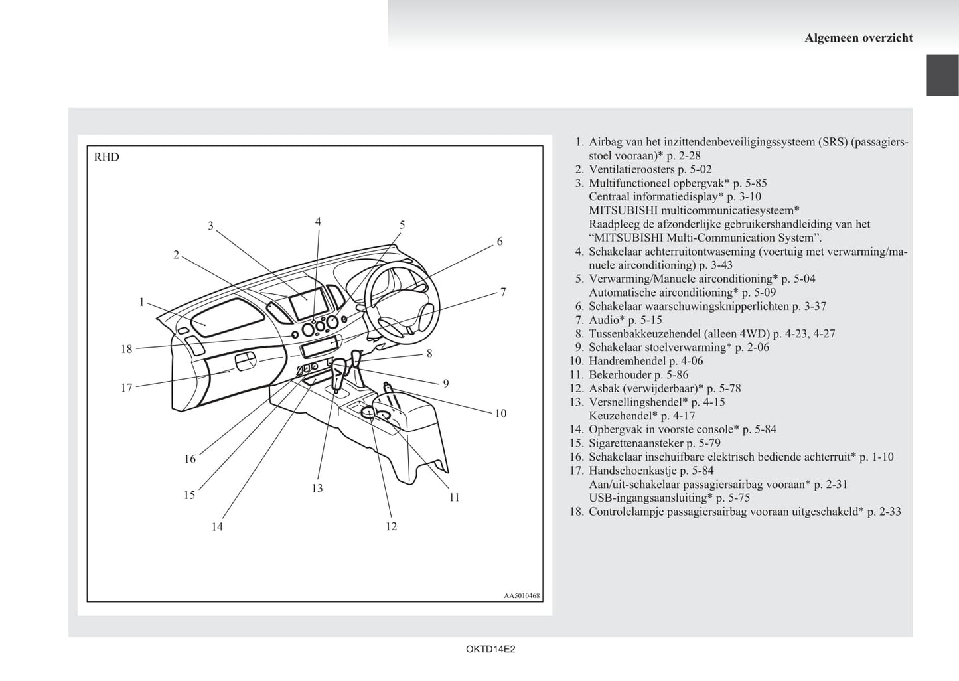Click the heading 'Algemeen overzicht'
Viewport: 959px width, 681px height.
click(858, 38)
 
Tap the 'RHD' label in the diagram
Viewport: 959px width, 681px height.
click(107, 157)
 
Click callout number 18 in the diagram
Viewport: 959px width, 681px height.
click(126, 349)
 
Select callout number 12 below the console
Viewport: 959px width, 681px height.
click(391, 526)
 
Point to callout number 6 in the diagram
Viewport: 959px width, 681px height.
click(500, 242)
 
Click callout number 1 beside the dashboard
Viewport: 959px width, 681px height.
click(141, 303)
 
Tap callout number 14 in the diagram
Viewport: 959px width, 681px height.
click(217, 527)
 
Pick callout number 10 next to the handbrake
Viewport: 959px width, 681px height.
click(500, 414)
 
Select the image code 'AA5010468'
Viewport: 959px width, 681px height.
click(522, 596)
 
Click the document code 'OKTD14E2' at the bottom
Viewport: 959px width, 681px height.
click(490, 650)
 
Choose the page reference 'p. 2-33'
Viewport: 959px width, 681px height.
click(884, 512)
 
